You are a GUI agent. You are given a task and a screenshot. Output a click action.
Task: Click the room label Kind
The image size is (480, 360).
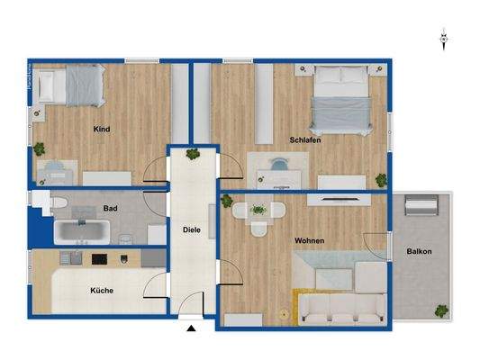click(x=102, y=130)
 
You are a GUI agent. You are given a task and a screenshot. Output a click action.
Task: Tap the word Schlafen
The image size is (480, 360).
click(x=305, y=140)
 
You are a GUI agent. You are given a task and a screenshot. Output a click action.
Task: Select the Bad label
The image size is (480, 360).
click(x=110, y=209)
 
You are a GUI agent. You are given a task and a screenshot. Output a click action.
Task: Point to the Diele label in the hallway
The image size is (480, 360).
click(x=192, y=229)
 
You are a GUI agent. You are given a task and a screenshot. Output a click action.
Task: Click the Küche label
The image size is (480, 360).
click(x=101, y=290)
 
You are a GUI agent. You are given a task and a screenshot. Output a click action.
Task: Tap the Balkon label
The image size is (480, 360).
click(x=419, y=252)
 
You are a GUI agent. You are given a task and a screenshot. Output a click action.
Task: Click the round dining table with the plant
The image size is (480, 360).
click(x=258, y=211)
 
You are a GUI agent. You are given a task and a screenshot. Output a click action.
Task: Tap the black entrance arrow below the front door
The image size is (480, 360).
click(x=191, y=328)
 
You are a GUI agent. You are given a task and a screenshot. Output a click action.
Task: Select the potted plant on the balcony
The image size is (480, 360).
click(x=442, y=310)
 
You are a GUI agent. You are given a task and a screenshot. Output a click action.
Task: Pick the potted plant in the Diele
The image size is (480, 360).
click(x=193, y=154)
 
